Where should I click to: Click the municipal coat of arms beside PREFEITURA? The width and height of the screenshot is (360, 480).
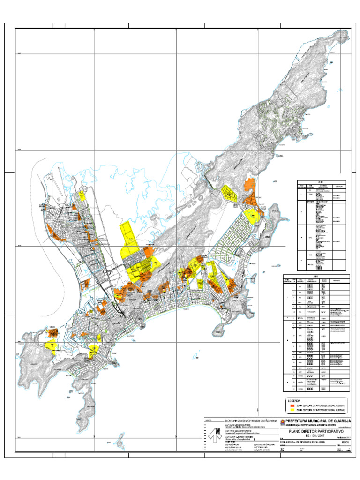[x=282, y=422]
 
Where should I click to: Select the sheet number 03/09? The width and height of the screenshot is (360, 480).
[x=345, y=442]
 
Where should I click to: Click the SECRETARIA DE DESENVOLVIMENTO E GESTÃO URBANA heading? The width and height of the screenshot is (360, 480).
[x=251, y=420]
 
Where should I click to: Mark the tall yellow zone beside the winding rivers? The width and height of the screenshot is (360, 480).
[x=127, y=240]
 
